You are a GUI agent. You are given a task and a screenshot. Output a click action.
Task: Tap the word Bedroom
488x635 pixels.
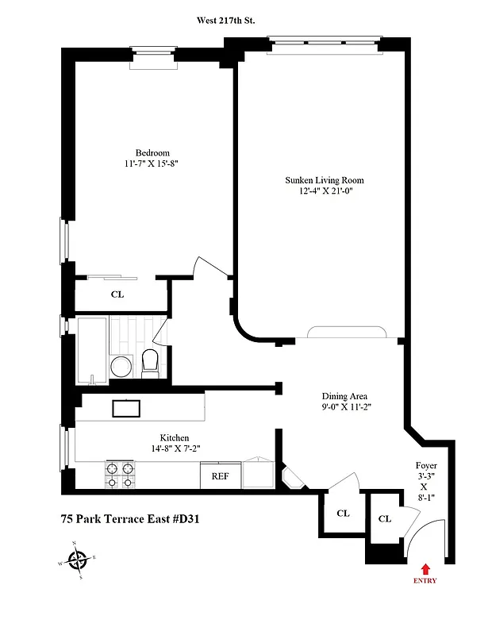pos(152,153)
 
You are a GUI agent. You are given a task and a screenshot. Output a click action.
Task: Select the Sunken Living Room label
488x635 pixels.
pos(324,180)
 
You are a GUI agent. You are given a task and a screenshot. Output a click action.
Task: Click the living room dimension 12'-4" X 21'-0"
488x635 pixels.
pos(324,191)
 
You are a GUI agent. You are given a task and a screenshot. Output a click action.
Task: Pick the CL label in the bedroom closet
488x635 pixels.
pos(117,294)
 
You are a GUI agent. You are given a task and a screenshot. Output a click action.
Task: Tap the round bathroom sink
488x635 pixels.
pos(121,366)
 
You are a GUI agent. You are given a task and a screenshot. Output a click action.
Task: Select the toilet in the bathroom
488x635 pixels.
pos(151,363)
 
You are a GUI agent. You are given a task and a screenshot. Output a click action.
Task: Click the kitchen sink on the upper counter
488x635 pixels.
pos(127,409)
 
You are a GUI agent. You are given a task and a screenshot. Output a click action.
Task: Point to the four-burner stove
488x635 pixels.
pos(120,475)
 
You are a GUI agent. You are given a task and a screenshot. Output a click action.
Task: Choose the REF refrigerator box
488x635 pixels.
pos(220,477)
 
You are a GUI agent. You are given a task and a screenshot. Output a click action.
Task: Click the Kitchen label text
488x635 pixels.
pos(175,437)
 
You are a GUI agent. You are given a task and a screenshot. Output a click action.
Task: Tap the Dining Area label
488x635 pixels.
pos(344,396)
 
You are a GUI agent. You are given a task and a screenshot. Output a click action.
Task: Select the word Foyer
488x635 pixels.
pos(425,466)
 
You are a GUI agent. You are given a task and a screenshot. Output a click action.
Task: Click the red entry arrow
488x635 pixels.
pos(425,568)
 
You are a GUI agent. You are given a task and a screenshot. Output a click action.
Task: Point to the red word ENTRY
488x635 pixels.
pos(425,581)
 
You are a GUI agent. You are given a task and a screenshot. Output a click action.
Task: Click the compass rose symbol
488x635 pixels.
pos(77,560)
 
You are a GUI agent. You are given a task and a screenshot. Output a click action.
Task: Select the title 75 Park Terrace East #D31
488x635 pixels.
pos(130,521)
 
